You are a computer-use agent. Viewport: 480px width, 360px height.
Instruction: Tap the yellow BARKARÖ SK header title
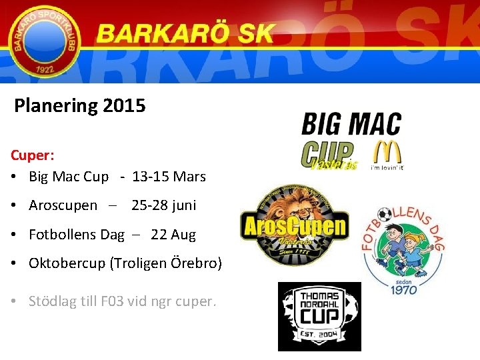point(185,33)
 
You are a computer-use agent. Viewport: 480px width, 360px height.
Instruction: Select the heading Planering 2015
point(80,105)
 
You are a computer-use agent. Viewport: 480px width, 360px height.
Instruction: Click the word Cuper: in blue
point(33,155)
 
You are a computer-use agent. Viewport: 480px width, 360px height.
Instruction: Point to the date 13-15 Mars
point(169,177)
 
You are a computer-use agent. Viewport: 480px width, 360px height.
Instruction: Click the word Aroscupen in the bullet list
point(63,205)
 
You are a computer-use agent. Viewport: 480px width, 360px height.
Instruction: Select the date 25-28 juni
point(164,205)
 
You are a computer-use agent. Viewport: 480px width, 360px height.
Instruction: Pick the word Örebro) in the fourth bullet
point(199,263)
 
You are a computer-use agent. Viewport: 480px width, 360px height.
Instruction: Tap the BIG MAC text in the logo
point(351,125)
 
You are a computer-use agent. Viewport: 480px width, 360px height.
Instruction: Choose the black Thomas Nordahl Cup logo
point(319,316)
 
